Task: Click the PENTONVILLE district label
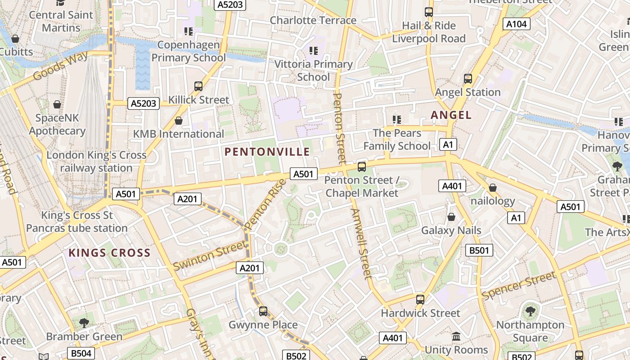click(x=267, y=152)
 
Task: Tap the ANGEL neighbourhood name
click(x=451, y=115)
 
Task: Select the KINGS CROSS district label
click(x=109, y=253)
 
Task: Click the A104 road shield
click(x=516, y=24)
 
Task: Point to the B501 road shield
click(x=479, y=250)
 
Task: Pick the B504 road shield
click(x=81, y=353)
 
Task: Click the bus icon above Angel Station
click(x=468, y=79)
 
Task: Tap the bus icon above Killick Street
click(x=198, y=86)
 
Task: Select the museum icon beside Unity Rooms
click(x=456, y=337)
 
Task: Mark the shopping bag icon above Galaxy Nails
click(x=451, y=217)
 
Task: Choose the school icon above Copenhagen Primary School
click(x=188, y=31)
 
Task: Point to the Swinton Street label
click(x=210, y=255)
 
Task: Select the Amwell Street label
click(x=362, y=243)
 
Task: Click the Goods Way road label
click(x=61, y=66)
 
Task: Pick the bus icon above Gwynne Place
click(x=263, y=311)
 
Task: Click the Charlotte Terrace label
click(x=313, y=20)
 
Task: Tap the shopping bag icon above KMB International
click(x=179, y=121)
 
